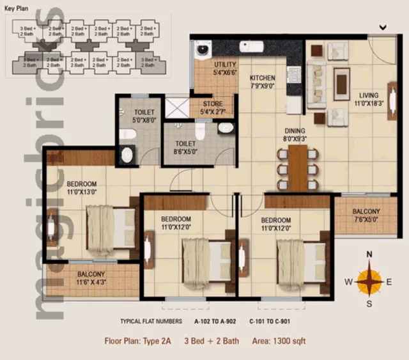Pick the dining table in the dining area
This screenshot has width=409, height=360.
point(298,168)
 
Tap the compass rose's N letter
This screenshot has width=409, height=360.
point(369,254)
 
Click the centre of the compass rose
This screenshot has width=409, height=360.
point(369,280)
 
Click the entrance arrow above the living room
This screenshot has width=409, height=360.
point(383,27)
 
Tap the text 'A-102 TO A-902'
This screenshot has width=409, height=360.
point(217,321)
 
